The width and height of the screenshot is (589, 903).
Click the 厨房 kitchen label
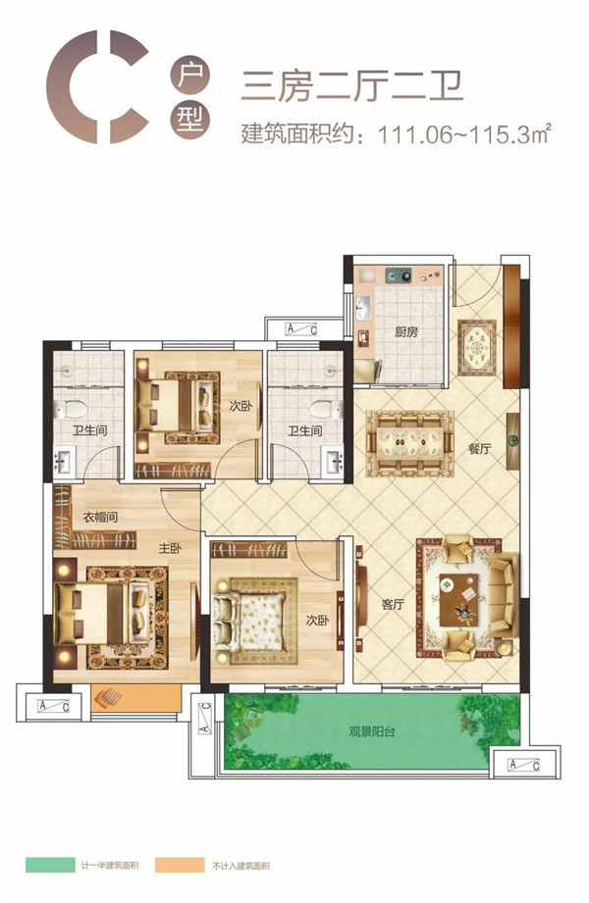(406, 331)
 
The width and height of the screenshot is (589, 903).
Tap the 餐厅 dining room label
(479, 449)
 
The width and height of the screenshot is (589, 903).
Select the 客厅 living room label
(393, 604)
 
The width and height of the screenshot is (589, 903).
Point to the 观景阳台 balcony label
(372, 732)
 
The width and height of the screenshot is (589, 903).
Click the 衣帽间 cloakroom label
(100, 517)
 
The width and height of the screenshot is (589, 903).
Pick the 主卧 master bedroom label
(170, 548)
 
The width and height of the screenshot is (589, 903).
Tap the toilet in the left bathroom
(71, 410)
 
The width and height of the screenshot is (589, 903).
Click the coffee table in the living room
(458, 599)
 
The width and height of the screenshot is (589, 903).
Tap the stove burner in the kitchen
(400, 276)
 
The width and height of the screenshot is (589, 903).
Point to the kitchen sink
(363, 306)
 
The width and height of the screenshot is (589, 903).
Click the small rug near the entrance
(477, 348)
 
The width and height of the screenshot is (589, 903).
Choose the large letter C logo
(97, 87)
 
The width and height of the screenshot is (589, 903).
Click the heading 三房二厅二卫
(351, 86)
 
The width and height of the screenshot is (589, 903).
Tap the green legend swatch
(50, 865)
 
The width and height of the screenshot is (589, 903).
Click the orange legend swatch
(180, 865)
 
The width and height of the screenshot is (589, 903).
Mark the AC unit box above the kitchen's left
(301, 329)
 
